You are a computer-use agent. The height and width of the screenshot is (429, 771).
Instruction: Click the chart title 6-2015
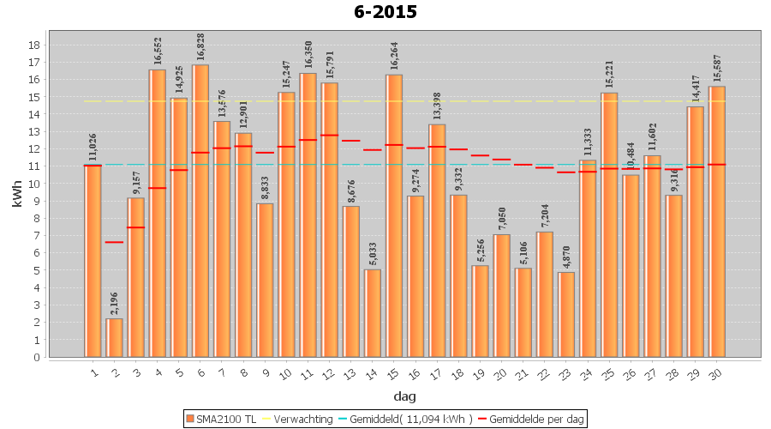pyautogui.click(x=385, y=12)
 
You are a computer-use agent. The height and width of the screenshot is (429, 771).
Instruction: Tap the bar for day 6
pyautogui.click(x=200, y=211)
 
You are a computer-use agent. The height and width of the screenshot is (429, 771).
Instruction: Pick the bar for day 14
pyautogui.click(x=373, y=313)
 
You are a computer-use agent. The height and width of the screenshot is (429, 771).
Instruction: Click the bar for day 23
pyautogui.click(x=566, y=314)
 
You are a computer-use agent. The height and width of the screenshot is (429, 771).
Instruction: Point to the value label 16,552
pyautogui.click(x=158, y=51)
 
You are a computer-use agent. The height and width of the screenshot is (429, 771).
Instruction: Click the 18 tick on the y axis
pyautogui.click(x=33, y=45)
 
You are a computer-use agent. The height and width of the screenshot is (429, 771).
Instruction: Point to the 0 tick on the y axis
pyautogui.click(x=33, y=357)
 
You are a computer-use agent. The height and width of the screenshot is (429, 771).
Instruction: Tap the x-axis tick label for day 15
pyautogui.click(x=393, y=372)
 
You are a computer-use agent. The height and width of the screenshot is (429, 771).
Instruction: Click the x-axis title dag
pyautogui.click(x=404, y=396)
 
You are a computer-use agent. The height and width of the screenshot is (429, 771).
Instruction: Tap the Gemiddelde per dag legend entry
pyautogui.click(x=530, y=419)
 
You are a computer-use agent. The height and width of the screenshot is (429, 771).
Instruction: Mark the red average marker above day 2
pyautogui.click(x=114, y=242)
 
